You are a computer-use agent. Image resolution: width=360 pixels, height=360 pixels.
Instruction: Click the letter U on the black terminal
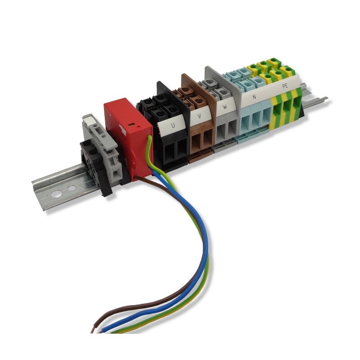(173, 126)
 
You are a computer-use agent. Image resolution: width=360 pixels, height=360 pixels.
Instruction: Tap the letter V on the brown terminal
(199, 116)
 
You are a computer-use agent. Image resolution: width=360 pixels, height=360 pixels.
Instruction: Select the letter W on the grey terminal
(225, 107)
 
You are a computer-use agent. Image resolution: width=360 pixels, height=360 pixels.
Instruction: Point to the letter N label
(254, 97)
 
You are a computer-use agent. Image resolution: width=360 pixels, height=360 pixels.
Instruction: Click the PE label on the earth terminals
(285, 86)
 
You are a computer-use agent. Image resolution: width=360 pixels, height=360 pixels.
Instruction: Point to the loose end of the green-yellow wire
(112, 332)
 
